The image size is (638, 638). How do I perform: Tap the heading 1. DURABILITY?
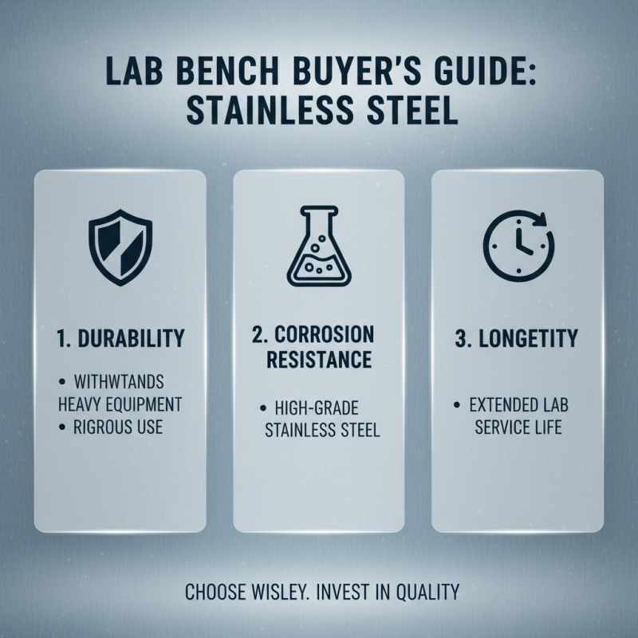tap(120, 337)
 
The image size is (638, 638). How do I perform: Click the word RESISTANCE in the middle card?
tap(318, 359)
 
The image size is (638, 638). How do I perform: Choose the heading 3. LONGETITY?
tap(517, 337)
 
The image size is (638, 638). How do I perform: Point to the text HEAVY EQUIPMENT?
tap(120, 404)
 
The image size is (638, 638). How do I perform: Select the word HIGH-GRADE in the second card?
tap(326, 408)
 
